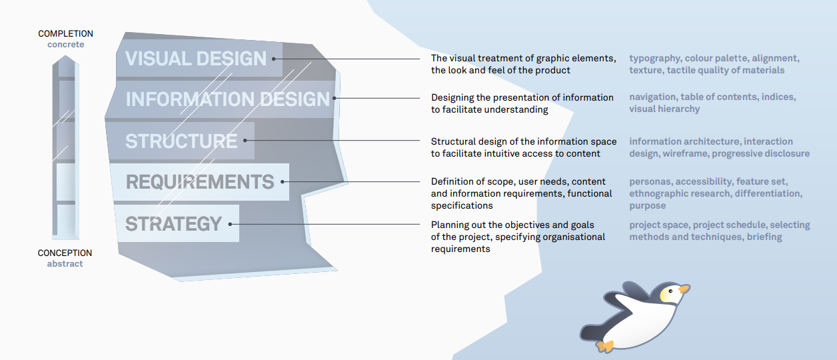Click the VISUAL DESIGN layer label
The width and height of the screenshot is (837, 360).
[196, 59]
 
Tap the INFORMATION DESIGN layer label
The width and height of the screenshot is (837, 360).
[227, 99]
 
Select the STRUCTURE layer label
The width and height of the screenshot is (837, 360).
[181, 141]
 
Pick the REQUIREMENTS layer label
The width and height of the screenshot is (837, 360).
[200, 182]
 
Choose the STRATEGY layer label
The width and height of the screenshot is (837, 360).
[174, 224]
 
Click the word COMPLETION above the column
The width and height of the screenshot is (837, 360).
[65, 33]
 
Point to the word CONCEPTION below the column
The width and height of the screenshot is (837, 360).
[65, 253]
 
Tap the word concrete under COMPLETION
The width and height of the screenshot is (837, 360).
[66, 45]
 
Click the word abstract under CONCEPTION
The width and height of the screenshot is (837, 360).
[65, 264]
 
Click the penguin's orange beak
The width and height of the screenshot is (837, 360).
[684, 289]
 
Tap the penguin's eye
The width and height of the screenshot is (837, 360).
[670, 291]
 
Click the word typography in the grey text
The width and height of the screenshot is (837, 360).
[654, 59]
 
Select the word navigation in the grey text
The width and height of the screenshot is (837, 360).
[652, 97]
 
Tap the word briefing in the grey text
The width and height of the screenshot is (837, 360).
[764, 237]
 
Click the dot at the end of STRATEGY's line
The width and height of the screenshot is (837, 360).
[230, 224]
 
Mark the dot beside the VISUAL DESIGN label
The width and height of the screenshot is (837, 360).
[273, 59]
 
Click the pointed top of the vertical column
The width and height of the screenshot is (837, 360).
[65, 56]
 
